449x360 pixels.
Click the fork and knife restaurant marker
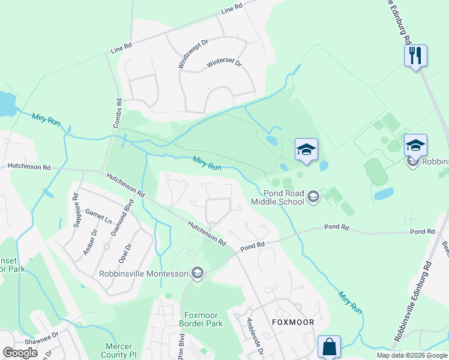click(x=415, y=56)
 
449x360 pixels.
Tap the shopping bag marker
click(x=329, y=347)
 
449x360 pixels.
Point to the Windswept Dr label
click(x=192, y=52)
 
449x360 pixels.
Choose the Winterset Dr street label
click(x=223, y=63)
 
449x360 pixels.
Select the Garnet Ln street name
click(x=98, y=216)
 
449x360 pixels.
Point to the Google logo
click(x=20, y=353)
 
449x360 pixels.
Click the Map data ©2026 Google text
click(x=412, y=355)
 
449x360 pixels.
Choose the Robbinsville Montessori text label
click(x=144, y=274)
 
